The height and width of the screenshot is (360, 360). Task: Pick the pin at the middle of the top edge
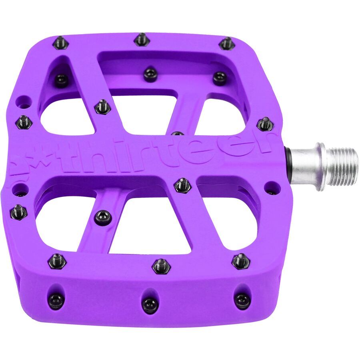click(141, 39)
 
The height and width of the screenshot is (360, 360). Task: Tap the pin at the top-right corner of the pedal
click(227, 43)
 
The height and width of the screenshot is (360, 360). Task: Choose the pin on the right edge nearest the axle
click(264, 124)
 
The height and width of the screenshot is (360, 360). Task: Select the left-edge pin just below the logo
click(18, 212)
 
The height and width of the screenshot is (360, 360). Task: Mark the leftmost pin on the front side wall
click(56, 300)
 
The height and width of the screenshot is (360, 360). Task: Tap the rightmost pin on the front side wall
click(242, 300)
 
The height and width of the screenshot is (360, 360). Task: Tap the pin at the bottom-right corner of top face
click(241, 261)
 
